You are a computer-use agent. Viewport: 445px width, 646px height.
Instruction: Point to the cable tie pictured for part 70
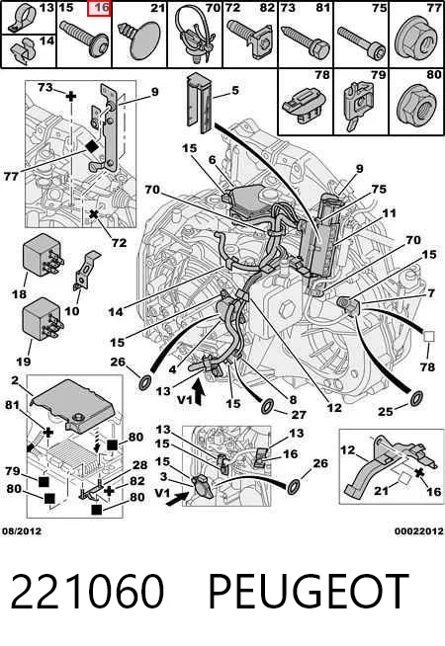pyautogui.click(x=194, y=35)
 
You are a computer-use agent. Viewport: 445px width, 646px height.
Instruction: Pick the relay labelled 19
pyautogui.click(x=43, y=319)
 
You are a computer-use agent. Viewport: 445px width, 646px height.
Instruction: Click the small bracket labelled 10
pyautogui.click(x=86, y=270)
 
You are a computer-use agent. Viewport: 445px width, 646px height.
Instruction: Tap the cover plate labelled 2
pyautogui.click(x=74, y=406)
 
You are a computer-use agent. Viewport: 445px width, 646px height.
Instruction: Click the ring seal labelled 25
pyautogui.click(x=416, y=399)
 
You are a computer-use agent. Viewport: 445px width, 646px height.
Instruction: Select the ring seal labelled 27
pyautogui.click(x=269, y=406)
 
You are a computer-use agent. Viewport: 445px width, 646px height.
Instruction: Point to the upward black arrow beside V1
pyautogui.click(x=199, y=392)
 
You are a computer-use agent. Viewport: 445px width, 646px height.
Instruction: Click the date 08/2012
pyautogui.click(x=22, y=530)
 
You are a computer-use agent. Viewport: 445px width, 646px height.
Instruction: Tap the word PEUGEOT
pyautogui.click(x=309, y=591)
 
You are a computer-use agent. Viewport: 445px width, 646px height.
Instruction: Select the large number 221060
pyautogui.click(x=87, y=591)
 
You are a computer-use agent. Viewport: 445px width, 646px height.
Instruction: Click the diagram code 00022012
pyautogui.click(x=419, y=530)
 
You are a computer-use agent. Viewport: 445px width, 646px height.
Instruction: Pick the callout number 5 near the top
pyautogui.click(x=235, y=90)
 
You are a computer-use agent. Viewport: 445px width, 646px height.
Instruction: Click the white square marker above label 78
pyautogui.click(x=429, y=337)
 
